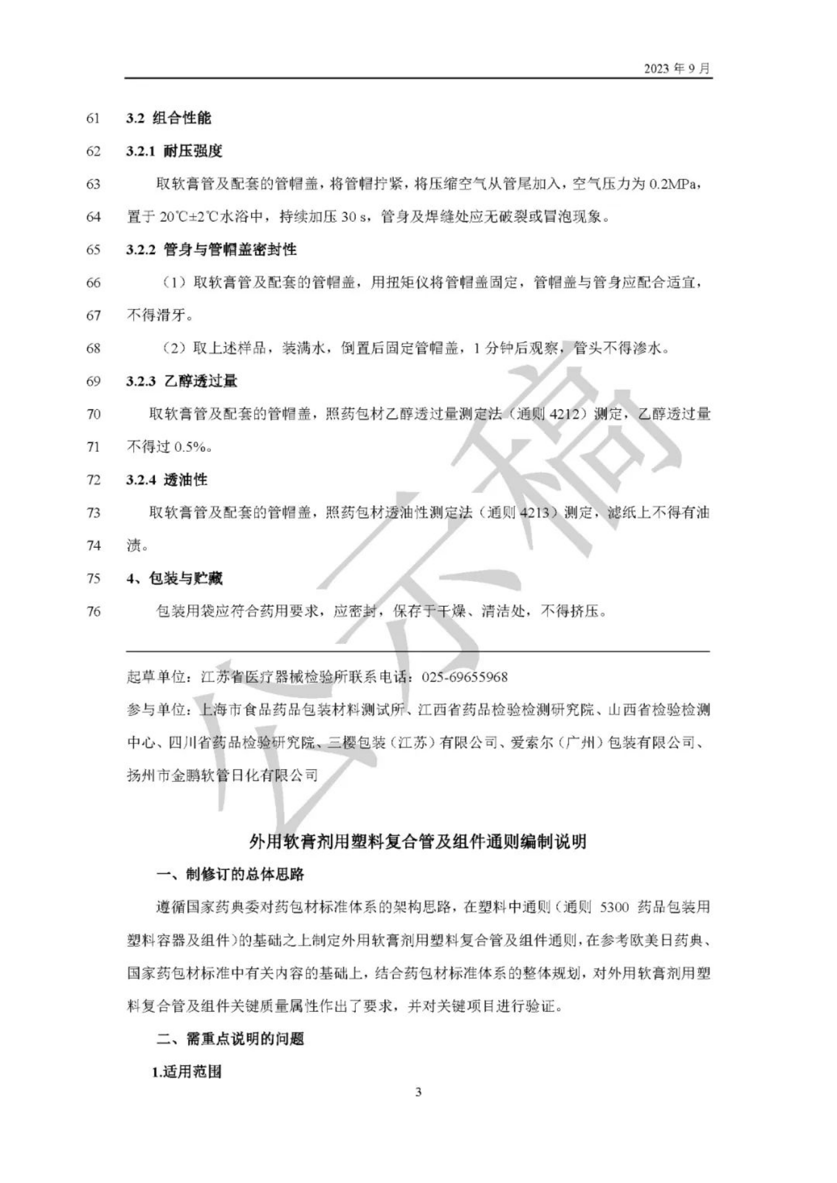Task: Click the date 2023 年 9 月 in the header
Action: coord(677,68)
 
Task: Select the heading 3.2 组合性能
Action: coord(169,118)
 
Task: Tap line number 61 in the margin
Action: coord(93,118)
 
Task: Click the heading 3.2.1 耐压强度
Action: coord(174,151)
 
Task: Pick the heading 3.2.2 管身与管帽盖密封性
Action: coord(211,250)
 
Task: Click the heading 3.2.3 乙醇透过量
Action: coord(182,381)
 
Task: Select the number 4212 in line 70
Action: coord(564,414)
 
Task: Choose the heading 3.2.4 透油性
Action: coord(167,480)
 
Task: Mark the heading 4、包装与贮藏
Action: coord(174,578)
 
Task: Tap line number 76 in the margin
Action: coord(93,611)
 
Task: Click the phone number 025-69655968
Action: coord(464,677)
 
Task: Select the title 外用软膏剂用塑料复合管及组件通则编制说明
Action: coord(418,842)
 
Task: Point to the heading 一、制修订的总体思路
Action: coord(230,874)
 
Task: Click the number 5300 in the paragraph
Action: coord(614,907)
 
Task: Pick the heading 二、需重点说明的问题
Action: coord(230,1039)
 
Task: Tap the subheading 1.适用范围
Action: coord(187,1071)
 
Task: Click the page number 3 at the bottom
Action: coord(418,1109)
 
